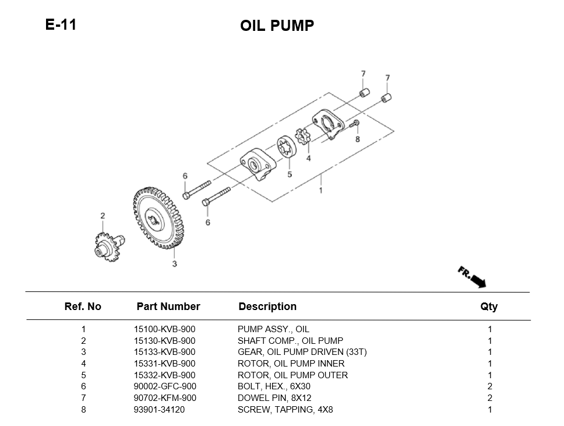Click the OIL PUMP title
coord(277,26)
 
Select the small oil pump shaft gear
coord(107,246)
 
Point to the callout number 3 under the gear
coord(174,265)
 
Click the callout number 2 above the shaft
coord(103,216)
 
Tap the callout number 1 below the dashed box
coord(320,190)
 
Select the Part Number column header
coord(168,307)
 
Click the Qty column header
coord(489,307)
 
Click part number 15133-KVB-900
coord(164,352)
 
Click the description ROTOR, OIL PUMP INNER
coord(291,364)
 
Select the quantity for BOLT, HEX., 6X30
coord(489,386)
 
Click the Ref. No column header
coord(83,307)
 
